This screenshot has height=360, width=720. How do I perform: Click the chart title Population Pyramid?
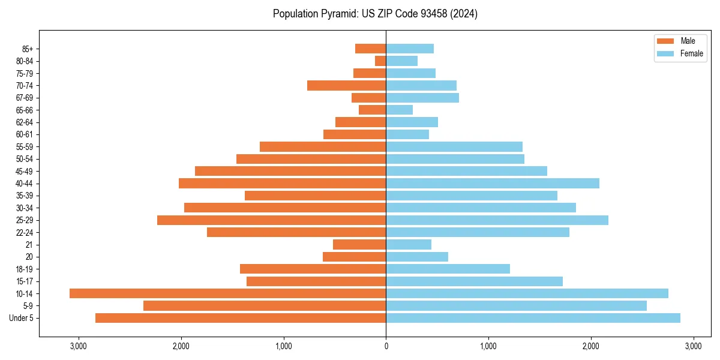(375, 14)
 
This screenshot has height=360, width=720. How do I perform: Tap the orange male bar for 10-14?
(227, 293)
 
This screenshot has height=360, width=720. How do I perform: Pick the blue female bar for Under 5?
(533, 318)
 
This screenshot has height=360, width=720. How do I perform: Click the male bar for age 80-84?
(380, 61)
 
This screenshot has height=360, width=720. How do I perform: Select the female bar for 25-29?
(497, 220)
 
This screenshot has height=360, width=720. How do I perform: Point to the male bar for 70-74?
(346, 85)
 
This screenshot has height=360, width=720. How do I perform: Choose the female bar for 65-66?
(399, 110)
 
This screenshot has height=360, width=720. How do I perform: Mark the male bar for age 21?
(359, 245)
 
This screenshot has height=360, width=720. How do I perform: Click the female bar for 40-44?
(493, 183)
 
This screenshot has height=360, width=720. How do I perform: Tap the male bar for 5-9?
(265, 306)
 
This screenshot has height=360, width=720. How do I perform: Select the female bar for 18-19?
(448, 269)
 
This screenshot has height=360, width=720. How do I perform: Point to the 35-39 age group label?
(23, 196)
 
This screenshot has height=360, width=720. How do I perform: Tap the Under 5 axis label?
(21, 318)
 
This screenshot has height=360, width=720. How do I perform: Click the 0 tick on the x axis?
(386, 346)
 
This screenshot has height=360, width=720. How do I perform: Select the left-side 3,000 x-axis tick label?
(78, 346)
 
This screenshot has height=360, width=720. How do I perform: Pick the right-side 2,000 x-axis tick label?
(591, 346)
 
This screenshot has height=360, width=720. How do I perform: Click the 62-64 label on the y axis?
(23, 122)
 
